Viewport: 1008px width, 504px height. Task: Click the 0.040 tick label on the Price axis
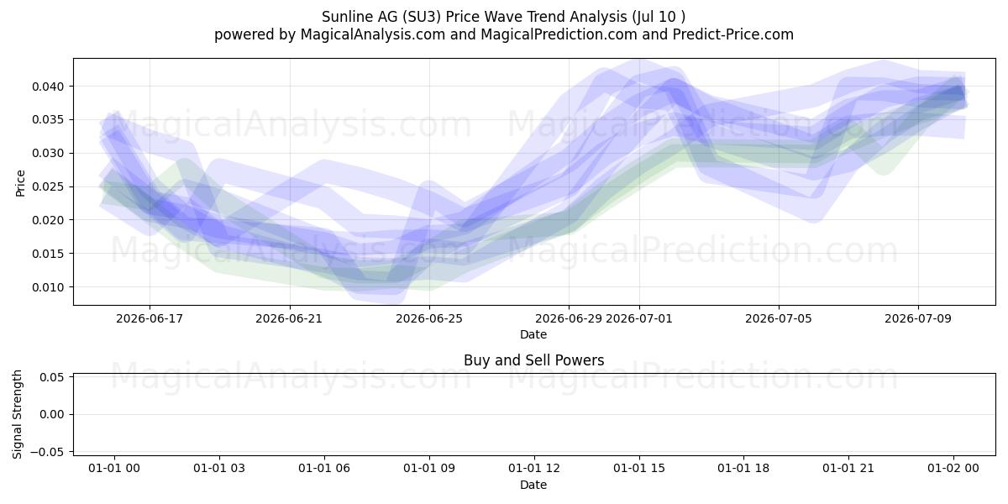click(x=48, y=87)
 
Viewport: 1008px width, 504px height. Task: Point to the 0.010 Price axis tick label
click(x=48, y=287)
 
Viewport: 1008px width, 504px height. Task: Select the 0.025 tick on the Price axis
click(x=48, y=186)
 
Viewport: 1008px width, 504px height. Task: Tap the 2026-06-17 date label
click(x=150, y=318)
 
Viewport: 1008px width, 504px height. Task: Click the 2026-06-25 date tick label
click(x=429, y=318)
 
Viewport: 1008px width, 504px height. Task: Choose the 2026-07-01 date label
click(x=639, y=318)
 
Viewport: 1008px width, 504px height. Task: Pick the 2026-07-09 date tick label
click(x=918, y=318)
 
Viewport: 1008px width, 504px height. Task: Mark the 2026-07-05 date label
click(x=779, y=318)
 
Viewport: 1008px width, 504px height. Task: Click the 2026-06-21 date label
click(x=289, y=318)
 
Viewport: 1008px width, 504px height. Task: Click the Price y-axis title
click(x=20, y=183)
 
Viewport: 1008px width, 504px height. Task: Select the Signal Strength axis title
click(x=17, y=414)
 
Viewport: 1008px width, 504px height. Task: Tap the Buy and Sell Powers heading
click(x=533, y=360)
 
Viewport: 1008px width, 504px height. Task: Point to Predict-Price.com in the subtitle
click(x=733, y=34)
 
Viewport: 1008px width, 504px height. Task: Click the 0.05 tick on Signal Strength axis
click(x=51, y=377)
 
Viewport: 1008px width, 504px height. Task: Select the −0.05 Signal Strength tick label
click(x=47, y=452)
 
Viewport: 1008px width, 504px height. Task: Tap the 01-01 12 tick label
click(x=533, y=469)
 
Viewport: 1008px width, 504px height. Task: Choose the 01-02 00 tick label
click(x=953, y=469)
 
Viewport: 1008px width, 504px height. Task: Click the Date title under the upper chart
click(x=533, y=334)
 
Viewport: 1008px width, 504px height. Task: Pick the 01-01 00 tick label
click(x=114, y=469)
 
